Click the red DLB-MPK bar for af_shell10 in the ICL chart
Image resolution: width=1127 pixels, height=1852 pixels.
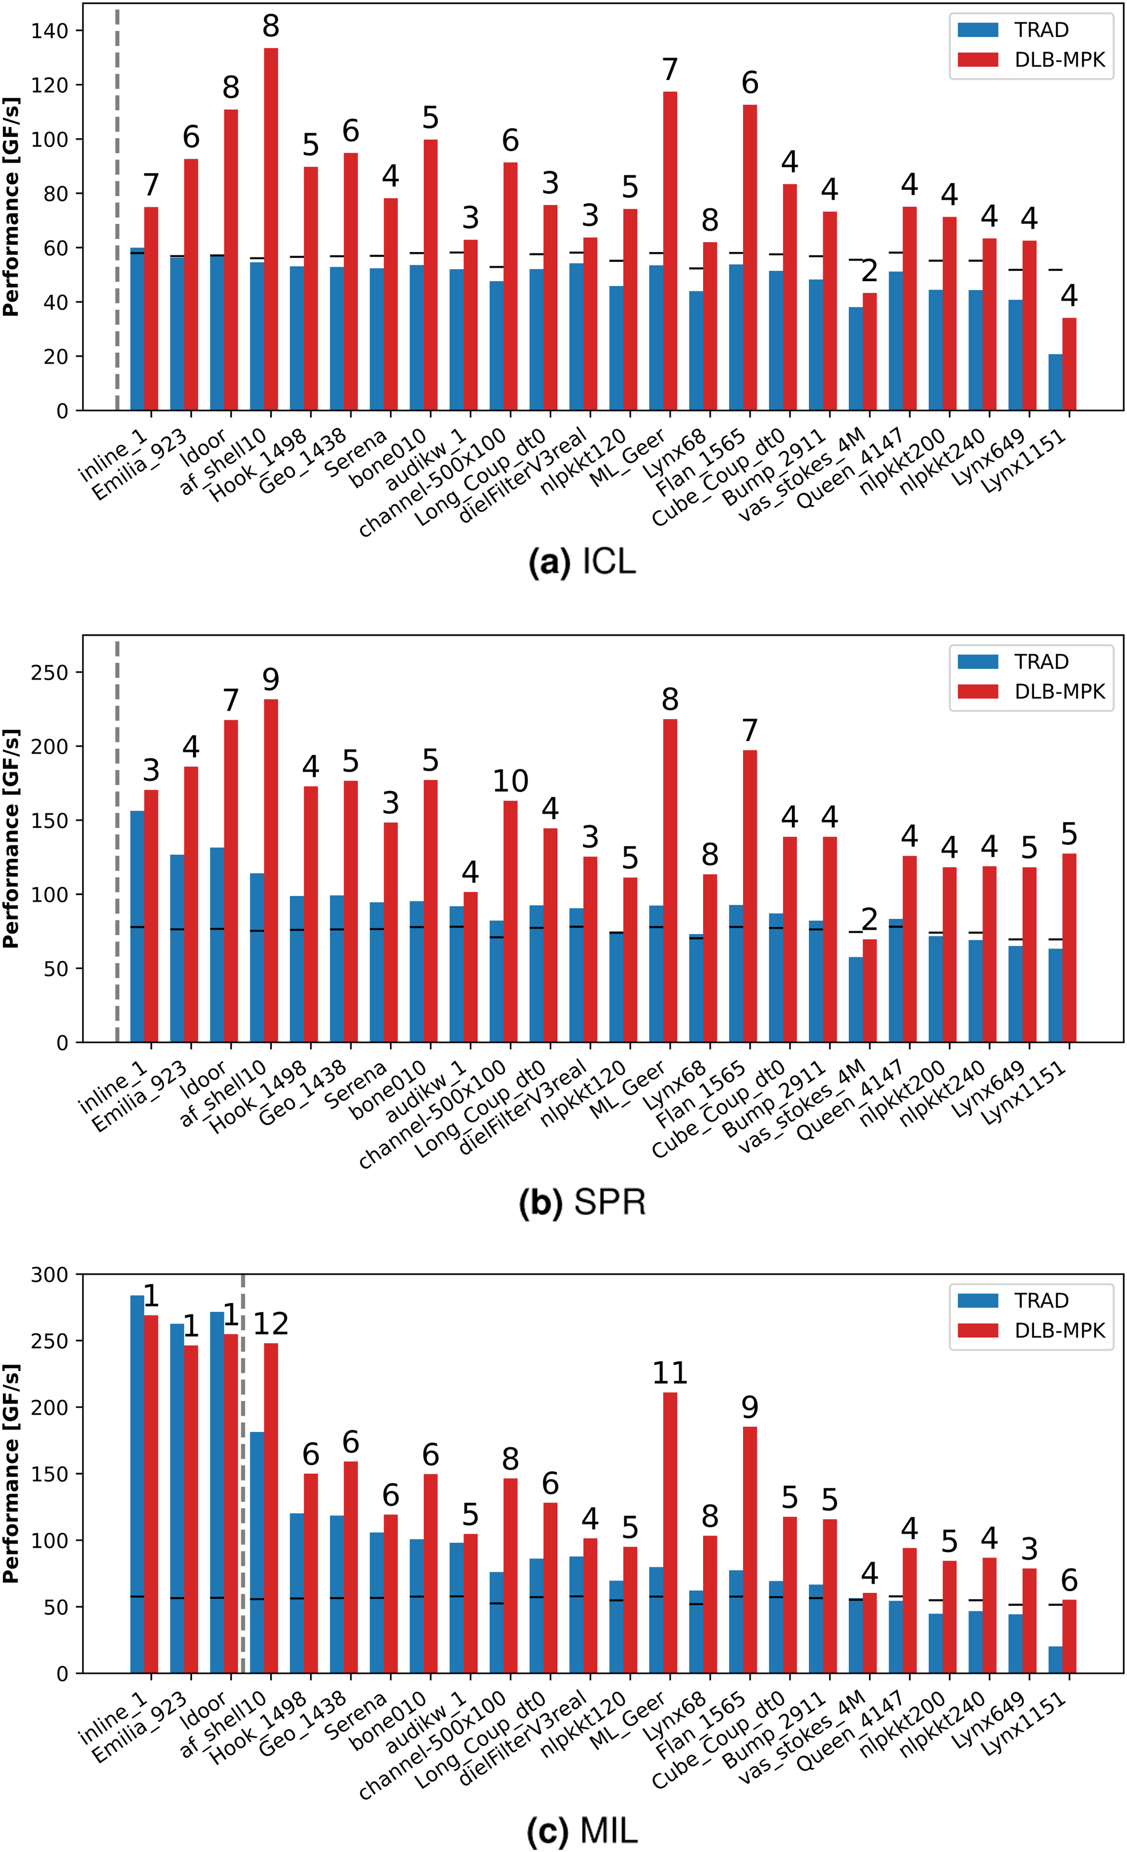click(x=270, y=229)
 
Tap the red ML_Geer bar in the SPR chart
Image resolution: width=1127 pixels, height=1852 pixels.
click(x=670, y=881)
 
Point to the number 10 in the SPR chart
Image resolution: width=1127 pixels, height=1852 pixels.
click(x=510, y=782)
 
